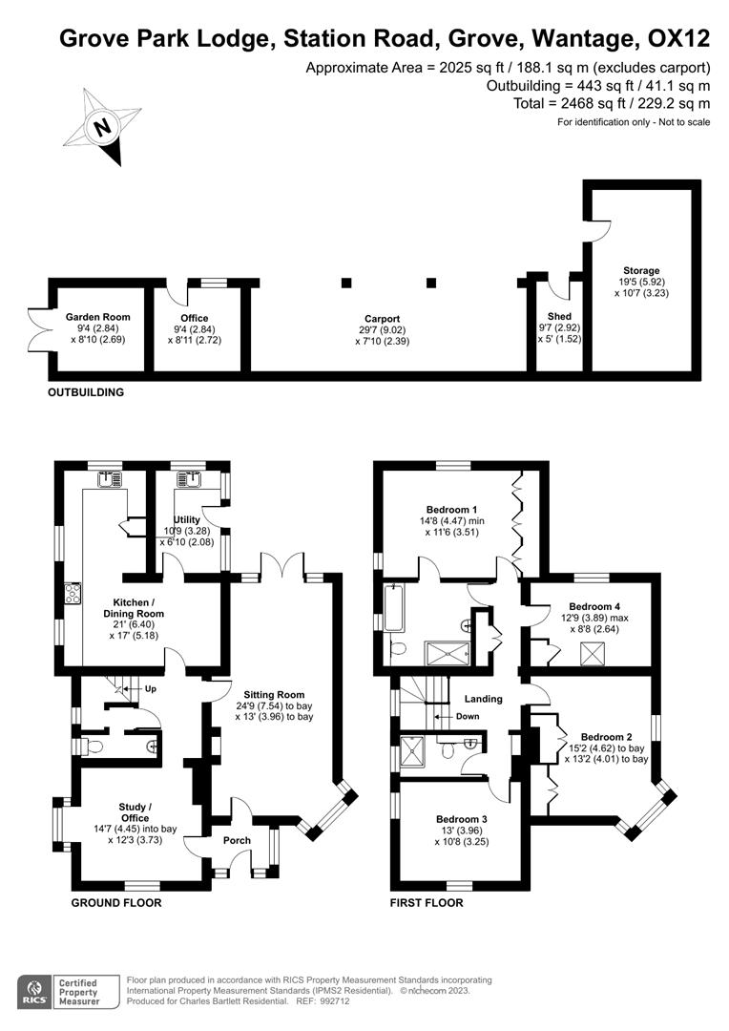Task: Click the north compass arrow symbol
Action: click(x=103, y=125)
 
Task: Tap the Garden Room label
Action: click(x=97, y=317)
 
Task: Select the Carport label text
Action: click(x=382, y=319)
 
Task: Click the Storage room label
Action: click(x=641, y=270)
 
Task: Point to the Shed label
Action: click(x=558, y=316)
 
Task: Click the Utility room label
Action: click(x=187, y=519)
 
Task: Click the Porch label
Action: click(x=236, y=840)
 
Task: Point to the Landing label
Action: click(x=484, y=699)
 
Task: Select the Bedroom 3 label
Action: click(x=461, y=819)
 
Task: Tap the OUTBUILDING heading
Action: click(x=87, y=392)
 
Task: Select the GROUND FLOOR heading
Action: click(x=116, y=902)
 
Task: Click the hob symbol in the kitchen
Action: click(x=71, y=594)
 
